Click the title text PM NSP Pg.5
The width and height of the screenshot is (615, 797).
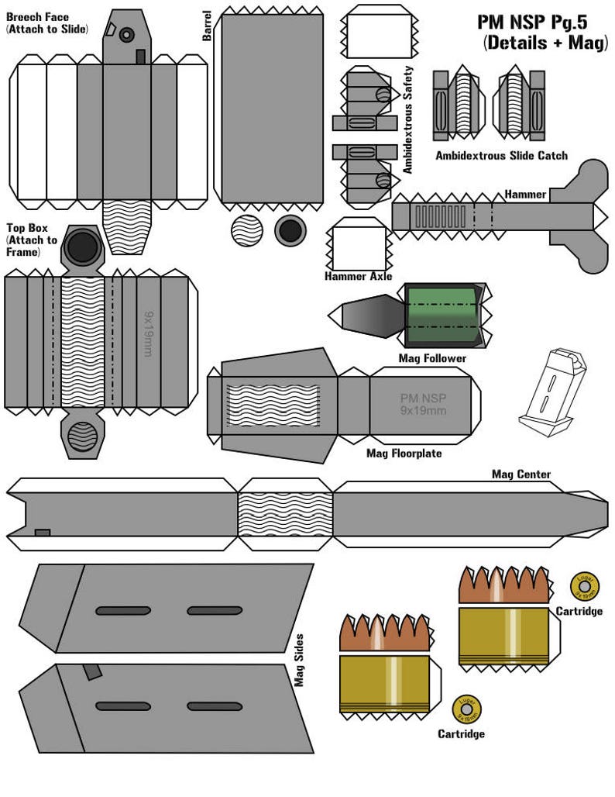click(543, 22)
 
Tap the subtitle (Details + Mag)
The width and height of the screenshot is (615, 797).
click(545, 43)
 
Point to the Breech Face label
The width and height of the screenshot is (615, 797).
click(36, 17)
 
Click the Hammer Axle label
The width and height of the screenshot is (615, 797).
click(358, 276)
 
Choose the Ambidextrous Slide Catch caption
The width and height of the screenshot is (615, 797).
click(500, 156)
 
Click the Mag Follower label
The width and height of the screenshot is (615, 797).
click(432, 358)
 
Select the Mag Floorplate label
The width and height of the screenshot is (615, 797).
click(404, 453)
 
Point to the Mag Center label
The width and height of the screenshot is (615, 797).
click(521, 474)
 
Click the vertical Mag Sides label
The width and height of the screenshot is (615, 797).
click(298, 661)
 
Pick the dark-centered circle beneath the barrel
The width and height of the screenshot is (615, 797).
click(290, 230)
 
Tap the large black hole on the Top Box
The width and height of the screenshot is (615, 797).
click(81, 247)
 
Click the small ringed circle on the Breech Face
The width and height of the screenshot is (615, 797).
click(126, 34)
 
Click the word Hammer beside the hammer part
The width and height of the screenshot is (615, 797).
click(525, 194)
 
